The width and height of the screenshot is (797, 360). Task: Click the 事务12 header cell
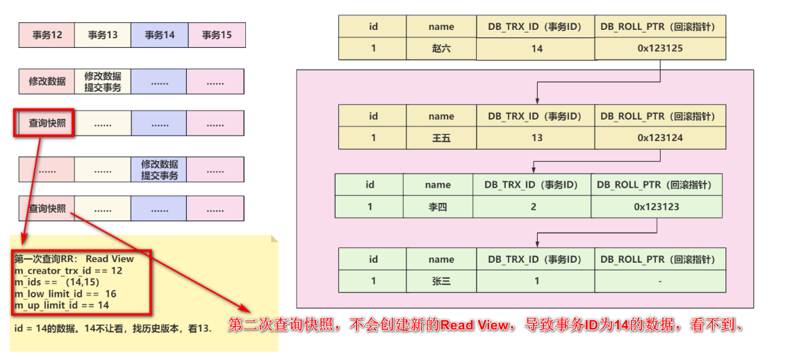pos(47,35)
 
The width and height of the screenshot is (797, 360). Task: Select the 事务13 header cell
pos(103,35)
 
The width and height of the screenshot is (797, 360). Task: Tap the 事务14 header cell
pos(159,35)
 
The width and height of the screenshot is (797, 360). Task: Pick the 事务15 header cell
pos(216,35)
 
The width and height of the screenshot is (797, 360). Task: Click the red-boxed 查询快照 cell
pos(47,124)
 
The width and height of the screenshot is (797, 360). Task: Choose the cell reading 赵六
pos(441,49)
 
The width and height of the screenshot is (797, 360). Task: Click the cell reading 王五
pos(441,138)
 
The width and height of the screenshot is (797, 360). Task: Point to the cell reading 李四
pos(438,206)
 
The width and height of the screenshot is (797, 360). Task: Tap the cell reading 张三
pos(441,281)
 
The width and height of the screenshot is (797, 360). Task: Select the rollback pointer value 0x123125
pos(660,49)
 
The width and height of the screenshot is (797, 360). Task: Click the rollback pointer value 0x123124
pos(660,138)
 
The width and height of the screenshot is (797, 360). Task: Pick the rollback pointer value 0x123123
pos(657,206)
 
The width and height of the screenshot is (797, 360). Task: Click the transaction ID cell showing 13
pos(536,138)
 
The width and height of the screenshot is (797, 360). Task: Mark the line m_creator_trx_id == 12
pos(68,270)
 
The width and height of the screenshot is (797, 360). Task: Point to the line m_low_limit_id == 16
pos(65,294)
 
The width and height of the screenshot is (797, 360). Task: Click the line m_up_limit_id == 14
pos(61,305)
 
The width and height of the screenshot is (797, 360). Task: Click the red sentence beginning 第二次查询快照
pos(486,325)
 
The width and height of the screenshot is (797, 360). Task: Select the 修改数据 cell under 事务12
pos(47,81)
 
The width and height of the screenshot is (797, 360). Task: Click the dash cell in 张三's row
pos(660,281)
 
